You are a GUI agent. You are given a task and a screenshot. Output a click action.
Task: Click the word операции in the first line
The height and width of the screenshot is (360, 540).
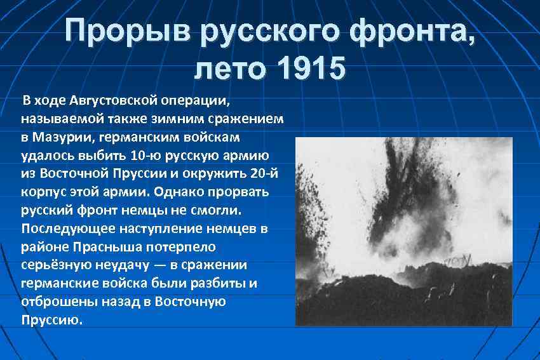pyautogui.click(x=205, y=100)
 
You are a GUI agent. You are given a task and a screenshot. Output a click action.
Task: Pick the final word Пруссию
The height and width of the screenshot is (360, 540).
pyautogui.click(x=51, y=320)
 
